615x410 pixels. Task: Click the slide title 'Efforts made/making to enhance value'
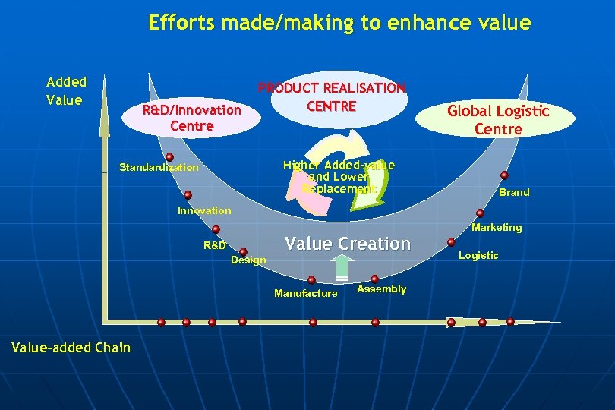click(x=339, y=23)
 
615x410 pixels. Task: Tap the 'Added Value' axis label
click(x=67, y=90)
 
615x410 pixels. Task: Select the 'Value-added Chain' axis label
click(x=71, y=348)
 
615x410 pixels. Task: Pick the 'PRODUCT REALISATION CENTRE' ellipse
click(x=332, y=98)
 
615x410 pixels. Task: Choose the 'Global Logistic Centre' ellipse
click(x=498, y=120)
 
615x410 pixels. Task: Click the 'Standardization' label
click(x=159, y=167)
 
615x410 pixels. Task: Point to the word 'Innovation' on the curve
click(x=203, y=210)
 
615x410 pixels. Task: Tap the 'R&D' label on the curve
click(x=214, y=245)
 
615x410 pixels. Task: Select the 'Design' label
click(x=248, y=260)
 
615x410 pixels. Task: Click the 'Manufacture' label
click(x=305, y=293)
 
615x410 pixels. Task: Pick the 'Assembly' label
click(x=381, y=289)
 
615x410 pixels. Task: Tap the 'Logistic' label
click(x=478, y=255)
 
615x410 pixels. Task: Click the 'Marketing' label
click(x=497, y=227)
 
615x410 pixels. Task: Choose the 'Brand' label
click(x=514, y=192)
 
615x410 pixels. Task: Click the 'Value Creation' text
click(x=347, y=244)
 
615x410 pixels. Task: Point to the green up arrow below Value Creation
click(x=342, y=267)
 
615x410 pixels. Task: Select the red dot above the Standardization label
click(x=169, y=157)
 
